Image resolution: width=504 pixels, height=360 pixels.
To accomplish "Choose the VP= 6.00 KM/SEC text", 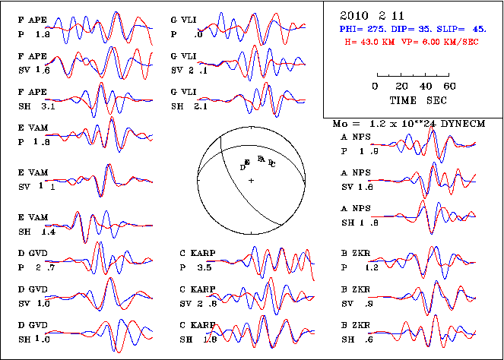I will (437, 42).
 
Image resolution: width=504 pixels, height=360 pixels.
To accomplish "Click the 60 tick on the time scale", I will (449, 87).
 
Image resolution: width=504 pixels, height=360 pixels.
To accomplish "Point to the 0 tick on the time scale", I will (376, 87).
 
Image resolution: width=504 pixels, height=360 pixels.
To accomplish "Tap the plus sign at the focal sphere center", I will (250, 180).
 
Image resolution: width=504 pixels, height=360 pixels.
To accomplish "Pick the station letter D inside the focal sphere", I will (242, 166).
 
